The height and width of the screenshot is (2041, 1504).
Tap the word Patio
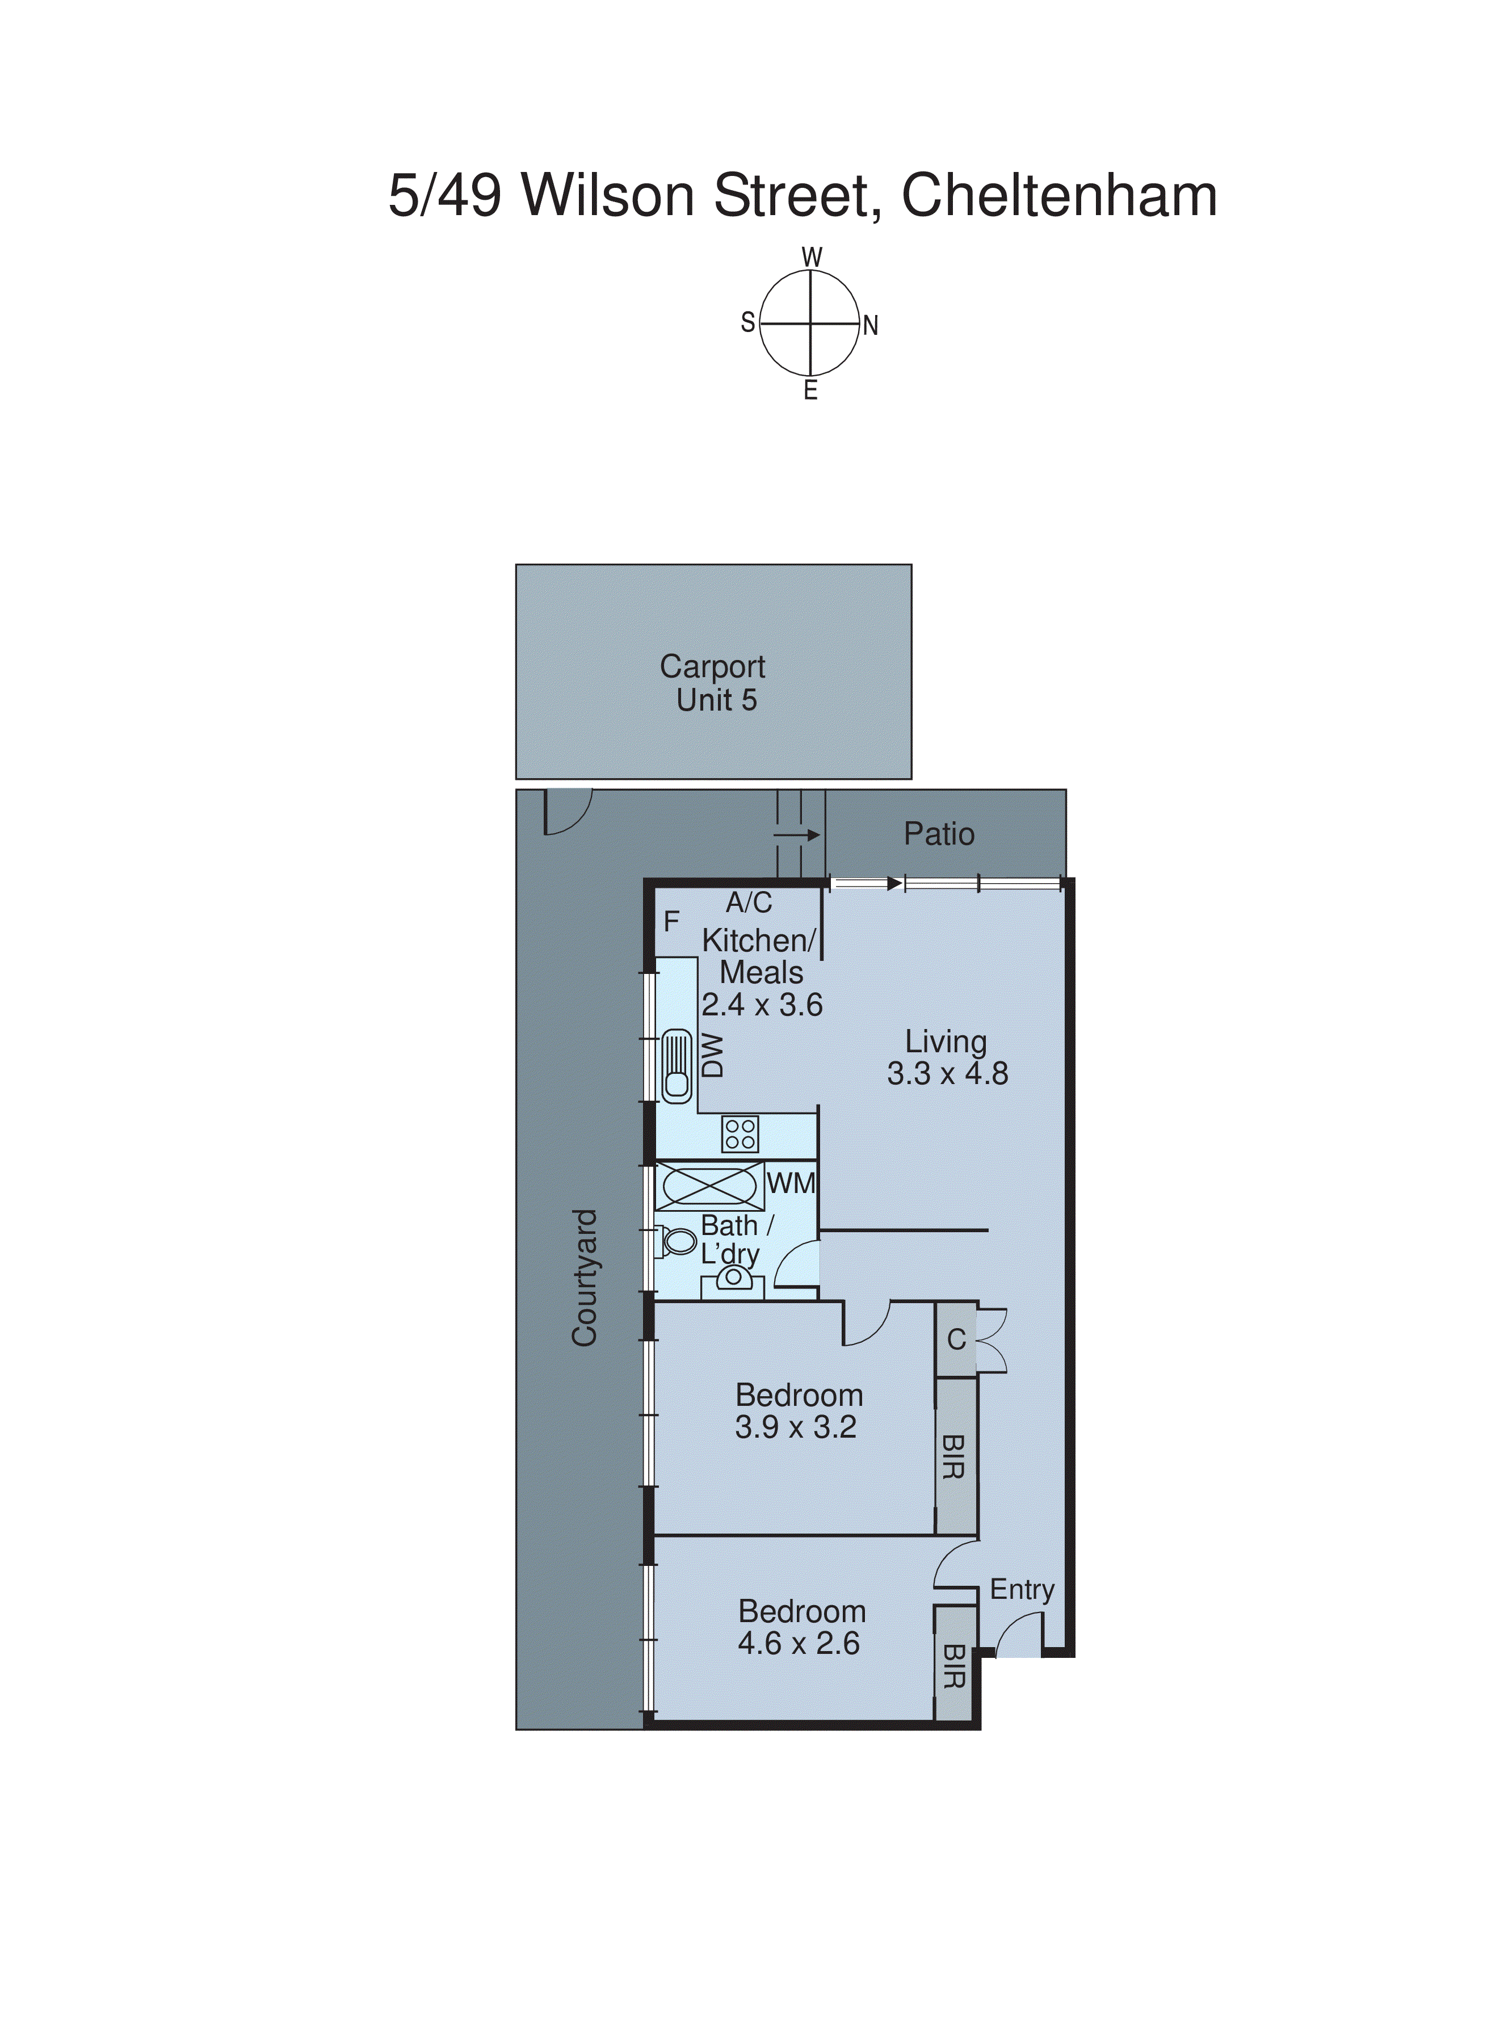click(x=939, y=834)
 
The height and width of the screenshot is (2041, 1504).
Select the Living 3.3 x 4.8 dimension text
click(x=947, y=1058)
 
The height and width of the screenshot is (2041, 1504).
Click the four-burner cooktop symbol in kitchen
click(x=740, y=1134)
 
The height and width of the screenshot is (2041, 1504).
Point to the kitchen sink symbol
click(x=677, y=1065)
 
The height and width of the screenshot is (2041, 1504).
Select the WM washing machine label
click(x=790, y=1183)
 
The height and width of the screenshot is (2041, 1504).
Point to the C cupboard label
click(x=956, y=1339)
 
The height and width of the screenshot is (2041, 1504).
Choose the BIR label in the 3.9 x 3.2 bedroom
click(x=953, y=1456)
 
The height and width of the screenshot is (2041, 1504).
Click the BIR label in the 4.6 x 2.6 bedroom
click(x=953, y=1665)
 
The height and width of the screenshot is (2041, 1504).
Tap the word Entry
click(x=1022, y=1589)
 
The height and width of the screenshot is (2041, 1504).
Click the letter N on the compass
click(x=871, y=326)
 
